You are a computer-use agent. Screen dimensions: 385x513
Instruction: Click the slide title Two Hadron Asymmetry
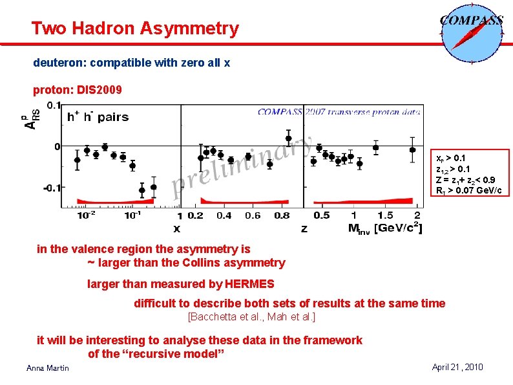point(135,28)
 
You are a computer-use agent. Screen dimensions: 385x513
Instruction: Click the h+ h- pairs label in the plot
point(98,117)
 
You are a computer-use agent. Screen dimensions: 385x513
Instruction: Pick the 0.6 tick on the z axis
point(253,215)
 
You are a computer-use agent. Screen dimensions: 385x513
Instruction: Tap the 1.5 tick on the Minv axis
point(385,215)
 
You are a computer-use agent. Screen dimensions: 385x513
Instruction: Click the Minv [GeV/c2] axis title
point(385,228)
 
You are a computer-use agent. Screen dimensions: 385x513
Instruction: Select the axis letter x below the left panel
point(176,228)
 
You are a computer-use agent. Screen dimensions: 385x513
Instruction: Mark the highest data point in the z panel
point(288,137)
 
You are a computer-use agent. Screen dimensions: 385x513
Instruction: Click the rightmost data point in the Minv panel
point(413,150)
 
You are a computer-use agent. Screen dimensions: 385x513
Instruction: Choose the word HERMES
point(249,283)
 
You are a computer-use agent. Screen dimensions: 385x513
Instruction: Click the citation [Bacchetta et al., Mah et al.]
point(251,317)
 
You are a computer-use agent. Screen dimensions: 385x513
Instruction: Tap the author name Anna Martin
point(48,368)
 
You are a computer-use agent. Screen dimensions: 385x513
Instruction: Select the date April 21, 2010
point(457,367)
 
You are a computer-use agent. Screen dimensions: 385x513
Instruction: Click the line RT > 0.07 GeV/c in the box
point(468,190)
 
